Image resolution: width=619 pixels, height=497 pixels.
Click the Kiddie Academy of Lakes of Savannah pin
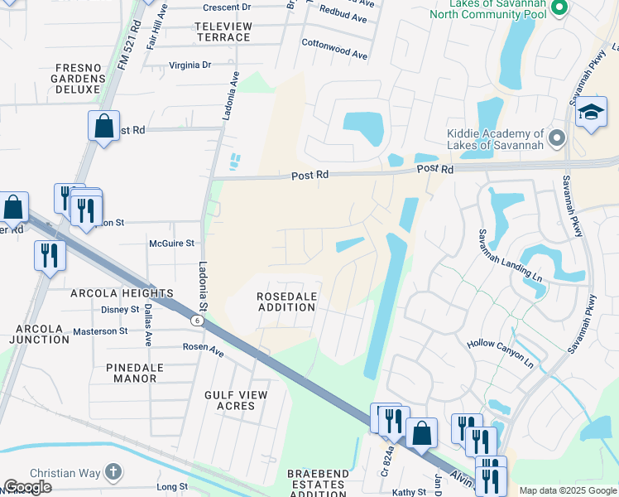tap(557, 138)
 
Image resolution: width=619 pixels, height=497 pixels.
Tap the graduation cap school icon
tap(591, 113)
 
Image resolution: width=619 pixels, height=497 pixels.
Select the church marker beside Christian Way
tap(113, 473)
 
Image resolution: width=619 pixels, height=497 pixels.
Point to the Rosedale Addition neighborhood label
tap(286, 302)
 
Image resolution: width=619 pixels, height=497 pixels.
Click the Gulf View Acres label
tap(236, 401)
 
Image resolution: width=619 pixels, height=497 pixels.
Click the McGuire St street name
tap(171, 244)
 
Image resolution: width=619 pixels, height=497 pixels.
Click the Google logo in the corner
tap(27, 487)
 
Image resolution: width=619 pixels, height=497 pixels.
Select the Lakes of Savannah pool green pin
tap(559, 8)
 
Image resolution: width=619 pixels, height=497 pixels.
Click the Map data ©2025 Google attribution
tap(568, 490)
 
